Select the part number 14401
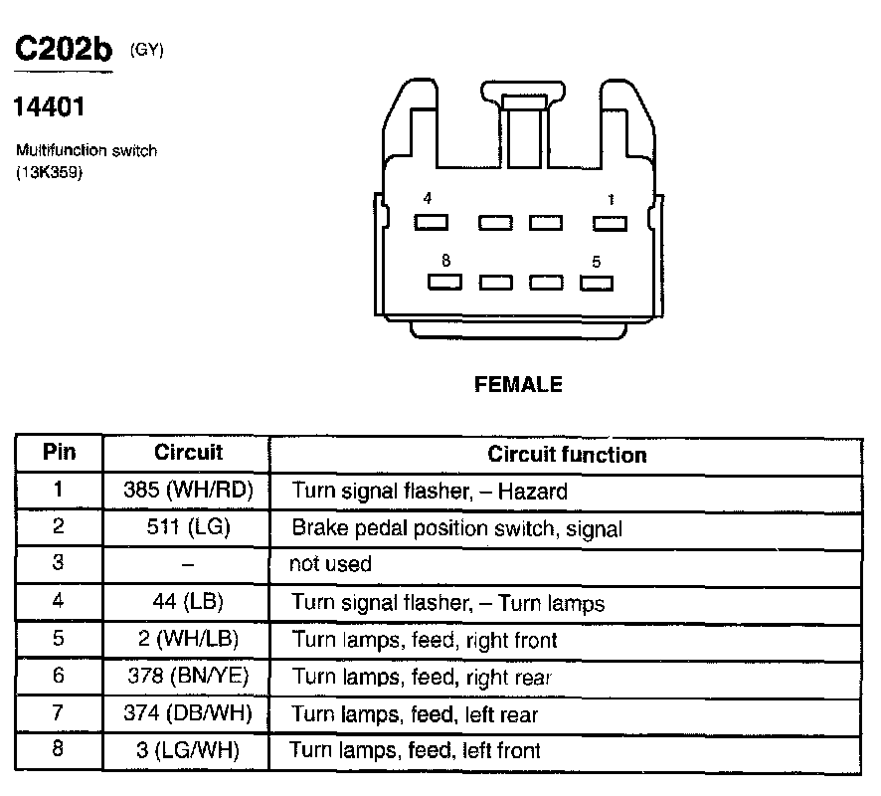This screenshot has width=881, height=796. [49, 105]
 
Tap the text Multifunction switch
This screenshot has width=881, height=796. [86, 151]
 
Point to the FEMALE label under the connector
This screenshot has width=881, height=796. [518, 384]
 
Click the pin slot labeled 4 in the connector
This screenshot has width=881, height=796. [432, 222]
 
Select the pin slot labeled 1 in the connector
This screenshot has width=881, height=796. [610, 222]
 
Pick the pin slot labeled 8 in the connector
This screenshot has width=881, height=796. [445, 283]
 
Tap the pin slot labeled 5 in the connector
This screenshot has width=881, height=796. [596, 283]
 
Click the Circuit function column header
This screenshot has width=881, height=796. [567, 455]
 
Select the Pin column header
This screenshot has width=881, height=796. [60, 453]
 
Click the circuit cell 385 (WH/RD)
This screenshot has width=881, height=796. [189, 491]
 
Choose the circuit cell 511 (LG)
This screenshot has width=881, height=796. [188, 527]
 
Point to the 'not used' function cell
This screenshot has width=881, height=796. [330, 564]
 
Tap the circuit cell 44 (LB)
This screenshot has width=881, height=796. [188, 602]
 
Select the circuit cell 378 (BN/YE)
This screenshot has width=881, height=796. [189, 677]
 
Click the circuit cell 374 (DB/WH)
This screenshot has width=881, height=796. [189, 713]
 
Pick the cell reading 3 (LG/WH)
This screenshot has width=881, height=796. [189, 749]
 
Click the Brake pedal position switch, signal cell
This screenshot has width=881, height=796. [456, 528]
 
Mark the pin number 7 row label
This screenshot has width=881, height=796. [59, 713]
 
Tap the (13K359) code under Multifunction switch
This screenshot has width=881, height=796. [48, 172]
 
